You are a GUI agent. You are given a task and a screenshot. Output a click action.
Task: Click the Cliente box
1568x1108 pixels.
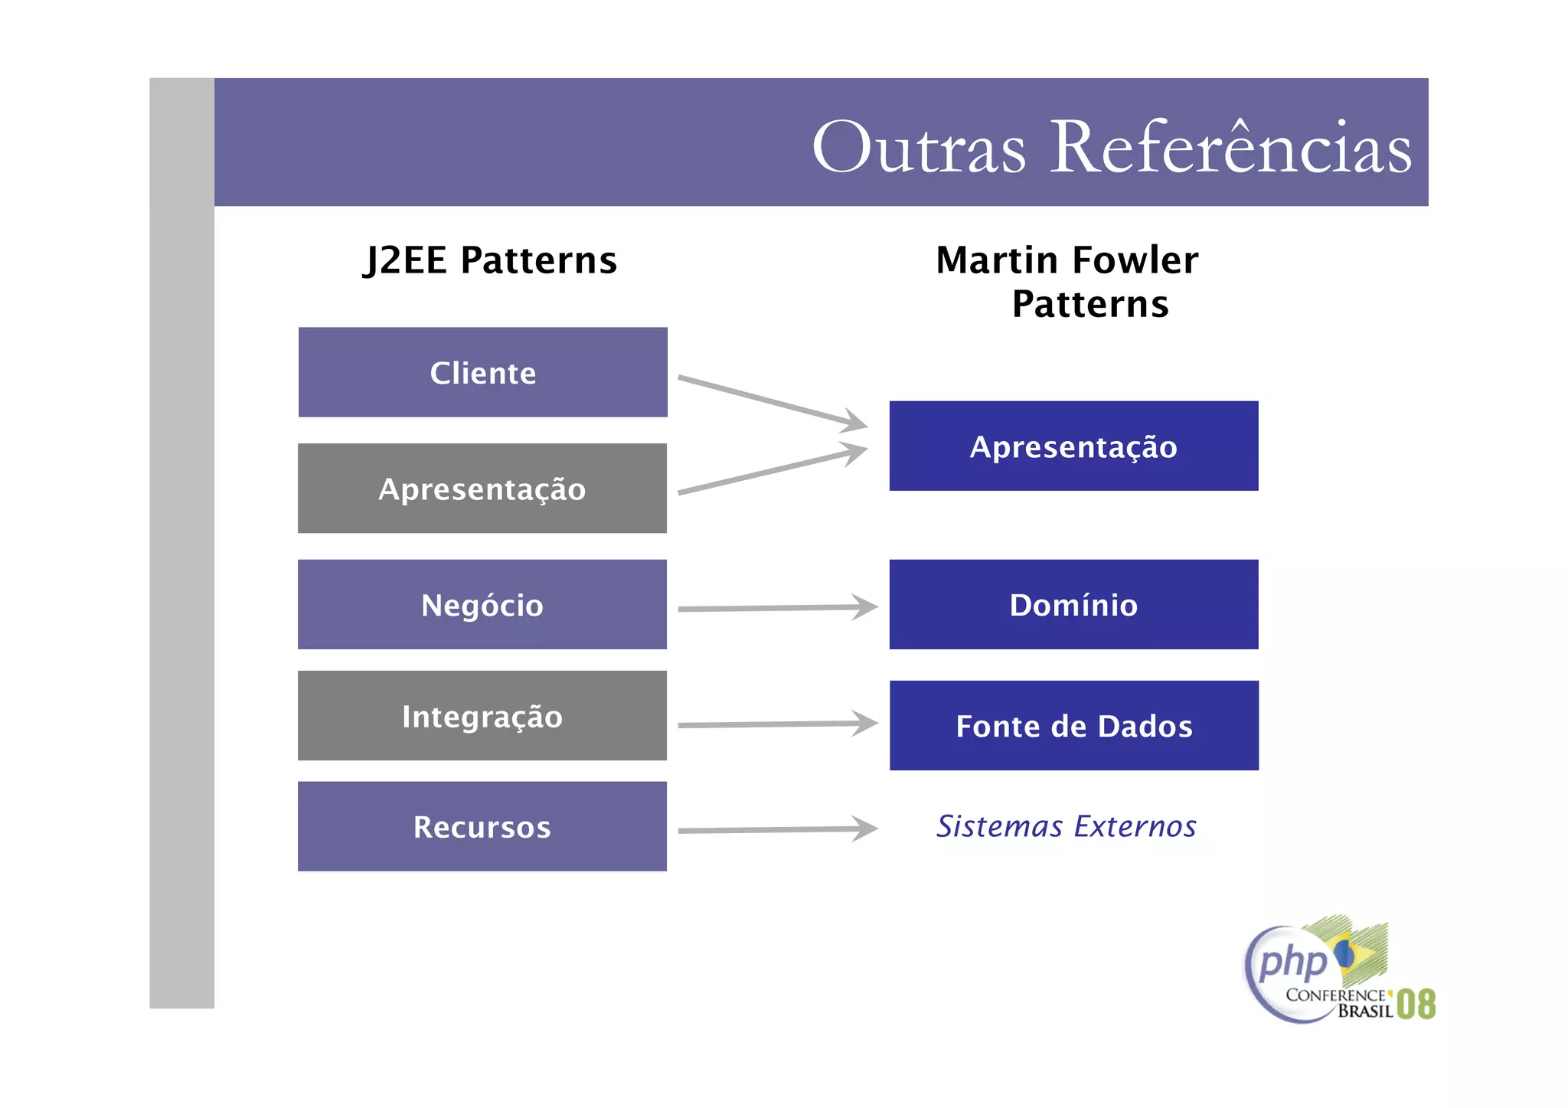(482, 372)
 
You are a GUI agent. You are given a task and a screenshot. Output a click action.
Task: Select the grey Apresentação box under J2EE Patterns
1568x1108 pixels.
(482, 489)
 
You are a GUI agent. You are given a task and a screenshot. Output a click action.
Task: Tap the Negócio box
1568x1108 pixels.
(482, 605)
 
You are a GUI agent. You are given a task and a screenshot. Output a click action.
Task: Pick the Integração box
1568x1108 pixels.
(482, 716)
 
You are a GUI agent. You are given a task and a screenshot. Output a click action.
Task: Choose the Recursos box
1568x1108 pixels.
(482, 826)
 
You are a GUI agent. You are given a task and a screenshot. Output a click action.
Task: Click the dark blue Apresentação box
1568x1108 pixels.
(1073, 446)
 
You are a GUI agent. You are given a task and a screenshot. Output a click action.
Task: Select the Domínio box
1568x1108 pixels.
(1073, 605)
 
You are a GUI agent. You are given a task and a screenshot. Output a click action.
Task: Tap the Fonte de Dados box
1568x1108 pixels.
(1073, 725)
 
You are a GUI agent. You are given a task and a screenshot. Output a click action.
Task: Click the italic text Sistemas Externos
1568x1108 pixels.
(1066, 826)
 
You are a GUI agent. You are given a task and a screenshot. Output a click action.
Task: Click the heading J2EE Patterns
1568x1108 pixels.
(490, 260)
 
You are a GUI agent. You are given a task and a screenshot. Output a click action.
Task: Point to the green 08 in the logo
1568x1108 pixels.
(1416, 1004)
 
